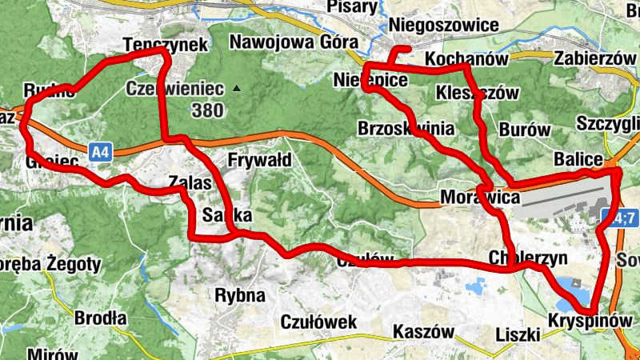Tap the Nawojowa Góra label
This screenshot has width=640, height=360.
(x=290, y=42)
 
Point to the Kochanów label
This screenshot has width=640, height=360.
(x=468, y=60)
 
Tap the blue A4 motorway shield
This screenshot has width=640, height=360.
(x=99, y=150)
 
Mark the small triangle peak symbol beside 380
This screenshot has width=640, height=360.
(x=235, y=88)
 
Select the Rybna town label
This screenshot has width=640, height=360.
(x=240, y=295)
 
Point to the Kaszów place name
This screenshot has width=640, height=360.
(x=424, y=331)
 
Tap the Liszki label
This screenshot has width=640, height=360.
(x=518, y=334)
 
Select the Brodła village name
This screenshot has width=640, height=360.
(x=100, y=318)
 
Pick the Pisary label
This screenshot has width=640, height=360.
(x=352, y=6)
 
